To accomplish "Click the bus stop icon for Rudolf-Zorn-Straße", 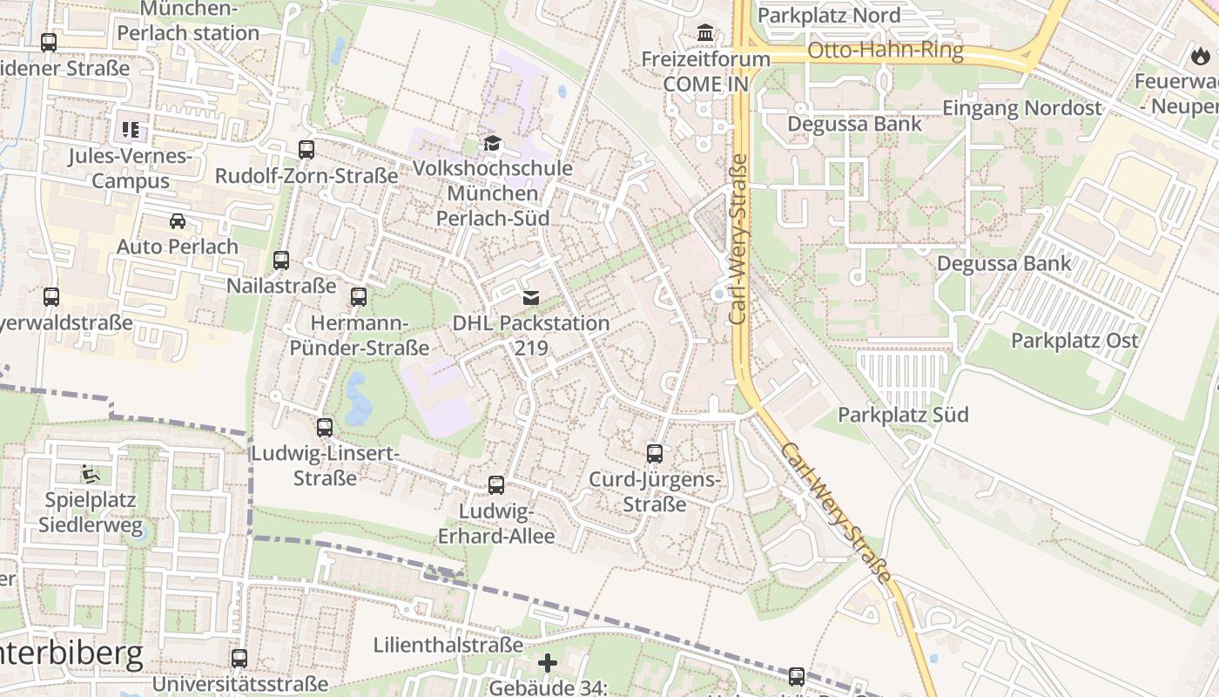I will point(306,149).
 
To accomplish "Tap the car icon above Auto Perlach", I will point(178,220).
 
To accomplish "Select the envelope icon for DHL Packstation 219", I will point(530,298).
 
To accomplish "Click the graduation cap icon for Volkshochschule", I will point(493,143).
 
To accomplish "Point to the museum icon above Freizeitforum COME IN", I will point(705,33).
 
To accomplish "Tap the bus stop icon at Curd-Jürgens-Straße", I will point(655,453).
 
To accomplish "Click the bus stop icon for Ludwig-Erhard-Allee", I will point(496,485).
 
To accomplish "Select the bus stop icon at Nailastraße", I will point(281,260).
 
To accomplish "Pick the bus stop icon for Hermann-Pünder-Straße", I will point(359,297).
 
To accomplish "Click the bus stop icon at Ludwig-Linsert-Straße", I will point(325,427).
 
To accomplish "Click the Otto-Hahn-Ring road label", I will point(886,51).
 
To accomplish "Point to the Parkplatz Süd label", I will point(903,415).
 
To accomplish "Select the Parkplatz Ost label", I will point(1074,341).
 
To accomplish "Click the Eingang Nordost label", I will point(1022,108).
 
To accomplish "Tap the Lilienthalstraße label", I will point(448,645).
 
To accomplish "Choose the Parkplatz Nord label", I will point(829,15).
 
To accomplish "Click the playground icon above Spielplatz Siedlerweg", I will point(89,474).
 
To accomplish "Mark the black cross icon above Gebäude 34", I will point(548,664).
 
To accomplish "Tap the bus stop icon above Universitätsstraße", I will point(239,658).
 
